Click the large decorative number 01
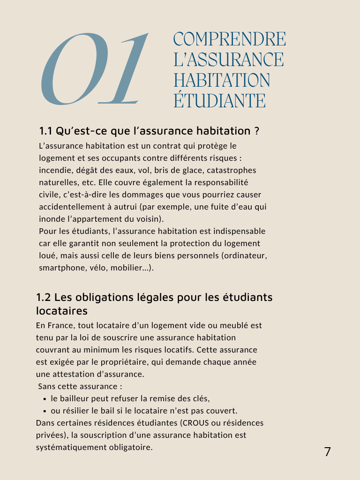click(x=94, y=69)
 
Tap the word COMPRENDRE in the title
click(x=229, y=39)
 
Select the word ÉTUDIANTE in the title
click(x=219, y=100)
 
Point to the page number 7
click(x=327, y=452)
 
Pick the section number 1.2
click(x=44, y=297)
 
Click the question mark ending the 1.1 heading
click(x=256, y=130)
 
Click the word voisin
click(x=148, y=219)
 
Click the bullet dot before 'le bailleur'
click(x=45, y=399)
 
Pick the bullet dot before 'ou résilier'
click(x=45, y=411)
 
